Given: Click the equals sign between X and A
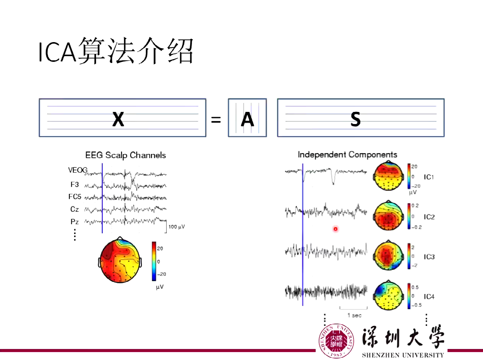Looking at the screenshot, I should coord(216,120).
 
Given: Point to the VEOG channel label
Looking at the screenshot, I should coord(78,170).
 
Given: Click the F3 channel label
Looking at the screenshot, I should coord(74,185).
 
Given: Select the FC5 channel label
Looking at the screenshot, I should coord(75,197).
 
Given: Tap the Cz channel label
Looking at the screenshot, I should coord(74,209).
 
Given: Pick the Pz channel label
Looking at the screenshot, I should coord(74,221).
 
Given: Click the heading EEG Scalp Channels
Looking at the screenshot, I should coord(125,155).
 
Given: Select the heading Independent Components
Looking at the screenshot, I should coord(347,154).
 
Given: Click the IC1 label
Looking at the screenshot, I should coord(429,177).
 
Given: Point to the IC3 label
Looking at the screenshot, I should coord(429,257).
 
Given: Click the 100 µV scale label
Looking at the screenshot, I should coord(177,227).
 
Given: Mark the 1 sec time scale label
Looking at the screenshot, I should coord(354,315).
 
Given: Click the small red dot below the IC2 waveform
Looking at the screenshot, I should coord(335,229).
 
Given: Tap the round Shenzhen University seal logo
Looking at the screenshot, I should coord(336,341).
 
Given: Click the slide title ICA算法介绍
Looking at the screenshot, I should coord(116,52).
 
